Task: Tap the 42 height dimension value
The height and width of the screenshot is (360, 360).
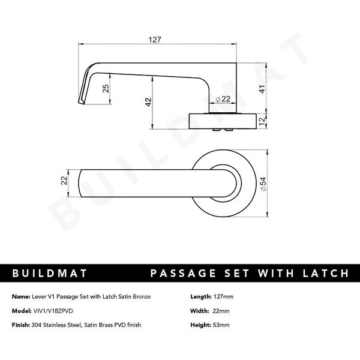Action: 148,103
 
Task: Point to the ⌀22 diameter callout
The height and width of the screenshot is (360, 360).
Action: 223,99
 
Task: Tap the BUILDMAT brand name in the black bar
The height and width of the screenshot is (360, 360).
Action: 50,274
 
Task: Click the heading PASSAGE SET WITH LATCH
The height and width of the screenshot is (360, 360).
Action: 248,274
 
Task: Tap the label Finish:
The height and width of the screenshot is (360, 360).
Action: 20,325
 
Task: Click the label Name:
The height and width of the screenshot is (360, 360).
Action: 20,297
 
